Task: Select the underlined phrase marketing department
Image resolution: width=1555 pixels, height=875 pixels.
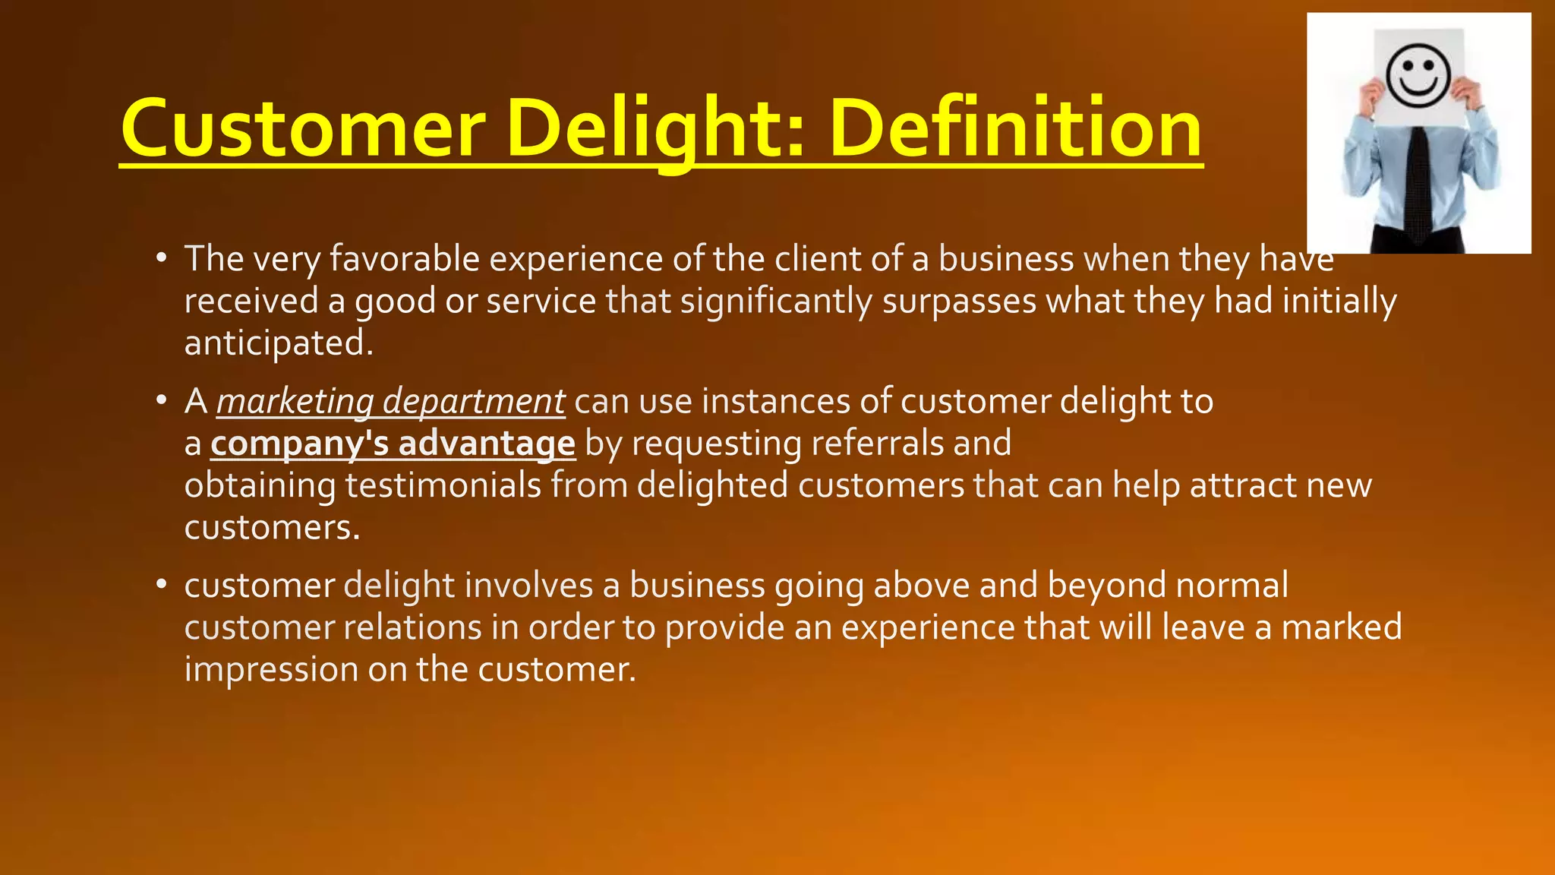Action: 390,401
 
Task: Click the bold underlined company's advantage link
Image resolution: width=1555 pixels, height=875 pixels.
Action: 393,444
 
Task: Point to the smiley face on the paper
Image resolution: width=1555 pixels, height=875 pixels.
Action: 1418,75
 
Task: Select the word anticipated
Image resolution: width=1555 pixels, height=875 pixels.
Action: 278,343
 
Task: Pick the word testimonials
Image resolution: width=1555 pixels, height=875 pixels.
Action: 443,485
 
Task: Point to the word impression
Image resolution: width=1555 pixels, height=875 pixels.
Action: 271,670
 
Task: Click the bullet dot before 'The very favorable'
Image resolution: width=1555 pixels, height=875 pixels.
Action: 161,258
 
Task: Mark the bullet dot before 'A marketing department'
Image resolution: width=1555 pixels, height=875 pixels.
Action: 161,400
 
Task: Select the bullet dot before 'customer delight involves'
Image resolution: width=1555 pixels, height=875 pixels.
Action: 161,585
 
